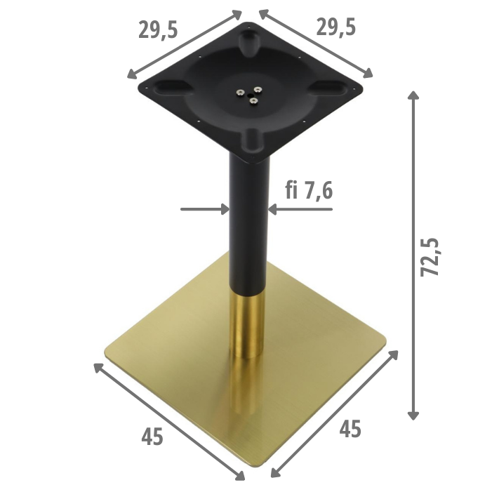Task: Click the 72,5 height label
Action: point(431,257)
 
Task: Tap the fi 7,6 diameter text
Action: point(310,191)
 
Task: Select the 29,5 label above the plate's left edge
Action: point(159,30)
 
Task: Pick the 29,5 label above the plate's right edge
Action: point(335,27)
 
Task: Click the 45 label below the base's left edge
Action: point(152,437)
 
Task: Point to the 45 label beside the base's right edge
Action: point(350,428)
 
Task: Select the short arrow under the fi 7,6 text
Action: point(302,208)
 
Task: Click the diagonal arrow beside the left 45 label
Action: point(168,421)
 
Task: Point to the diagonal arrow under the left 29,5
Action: point(184,44)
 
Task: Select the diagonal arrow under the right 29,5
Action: point(316,42)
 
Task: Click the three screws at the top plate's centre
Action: point(250,94)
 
